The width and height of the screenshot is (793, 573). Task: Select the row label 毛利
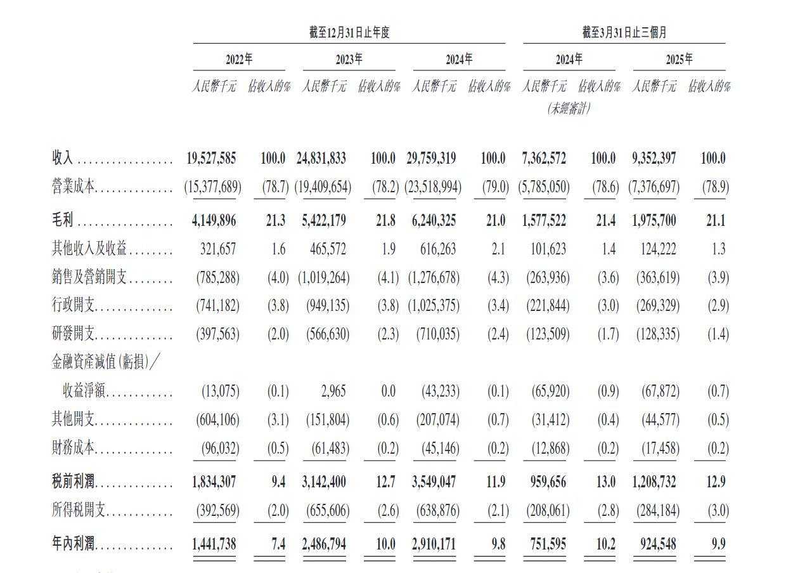pyautogui.click(x=63, y=220)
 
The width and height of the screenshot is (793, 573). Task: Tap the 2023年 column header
pyautogui.click(x=349, y=60)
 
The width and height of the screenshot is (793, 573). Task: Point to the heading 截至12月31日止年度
pyautogui.click(x=349, y=33)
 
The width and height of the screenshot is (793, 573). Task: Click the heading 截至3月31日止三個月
pyautogui.click(x=624, y=33)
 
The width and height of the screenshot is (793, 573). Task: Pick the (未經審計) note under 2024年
pyautogui.click(x=569, y=109)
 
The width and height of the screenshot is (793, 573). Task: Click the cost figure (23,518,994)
pyautogui.click(x=434, y=187)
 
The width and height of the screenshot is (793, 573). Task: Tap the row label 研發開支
pyautogui.click(x=73, y=334)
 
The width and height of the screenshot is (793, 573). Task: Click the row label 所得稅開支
pyautogui.click(x=73, y=510)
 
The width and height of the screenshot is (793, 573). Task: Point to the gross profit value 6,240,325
pyautogui.click(x=434, y=220)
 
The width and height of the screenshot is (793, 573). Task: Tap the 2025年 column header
pyautogui.click(x=679, y=60)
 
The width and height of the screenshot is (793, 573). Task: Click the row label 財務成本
pyautogui.click(x=73, y=449)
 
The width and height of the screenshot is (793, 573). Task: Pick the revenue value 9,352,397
pyautogui.click(x=654, y=158)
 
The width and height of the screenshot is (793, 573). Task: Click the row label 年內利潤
pyautogui.click(x=73, y=544)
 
